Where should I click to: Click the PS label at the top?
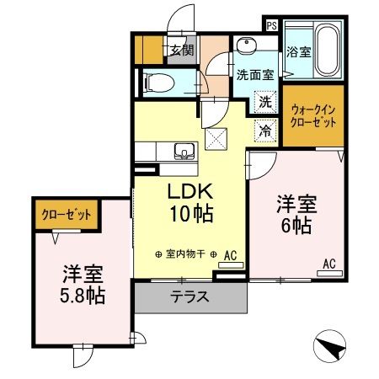(x=271, y=24)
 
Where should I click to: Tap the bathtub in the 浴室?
(x=323, y=51)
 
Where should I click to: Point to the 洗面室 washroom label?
(x=254, y=73)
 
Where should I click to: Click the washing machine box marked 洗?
(x=265, y=102)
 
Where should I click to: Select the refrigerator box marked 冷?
(x=265, y=131)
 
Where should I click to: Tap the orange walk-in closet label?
(x=313, y=115)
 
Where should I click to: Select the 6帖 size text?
(x=296, y=225)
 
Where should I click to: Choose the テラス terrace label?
(x=189, y=297)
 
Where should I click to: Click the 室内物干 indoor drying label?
(x=188, y=254)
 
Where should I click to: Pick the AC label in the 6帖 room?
(x=328, y=264)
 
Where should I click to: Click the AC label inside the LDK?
(x=230, y=254)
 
